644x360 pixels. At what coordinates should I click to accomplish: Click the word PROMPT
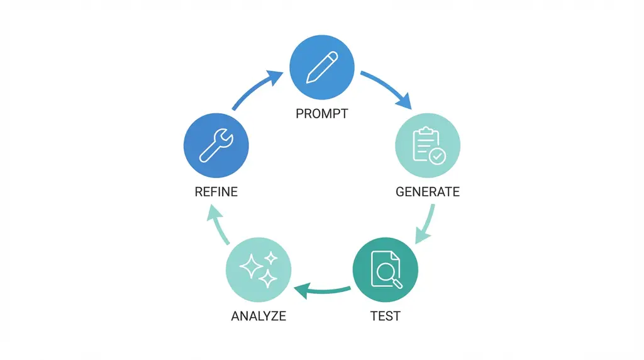[x=321, y=115]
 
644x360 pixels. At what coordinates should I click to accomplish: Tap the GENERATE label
[x=428, y=191]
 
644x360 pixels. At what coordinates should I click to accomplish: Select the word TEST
[x=385, y=316]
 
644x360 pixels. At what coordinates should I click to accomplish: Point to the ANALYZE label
[x=258, y=316]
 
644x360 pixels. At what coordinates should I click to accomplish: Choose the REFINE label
[x=216, y=191]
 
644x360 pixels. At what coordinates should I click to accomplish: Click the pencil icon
[x=321, y=67]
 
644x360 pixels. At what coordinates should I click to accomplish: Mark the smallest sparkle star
[x=271, y=257]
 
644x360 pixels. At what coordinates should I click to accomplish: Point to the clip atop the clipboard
[x=425, y=130]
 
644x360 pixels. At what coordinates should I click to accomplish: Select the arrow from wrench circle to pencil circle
[x=255, y=91]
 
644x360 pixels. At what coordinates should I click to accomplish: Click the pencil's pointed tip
[x=308, y=81]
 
